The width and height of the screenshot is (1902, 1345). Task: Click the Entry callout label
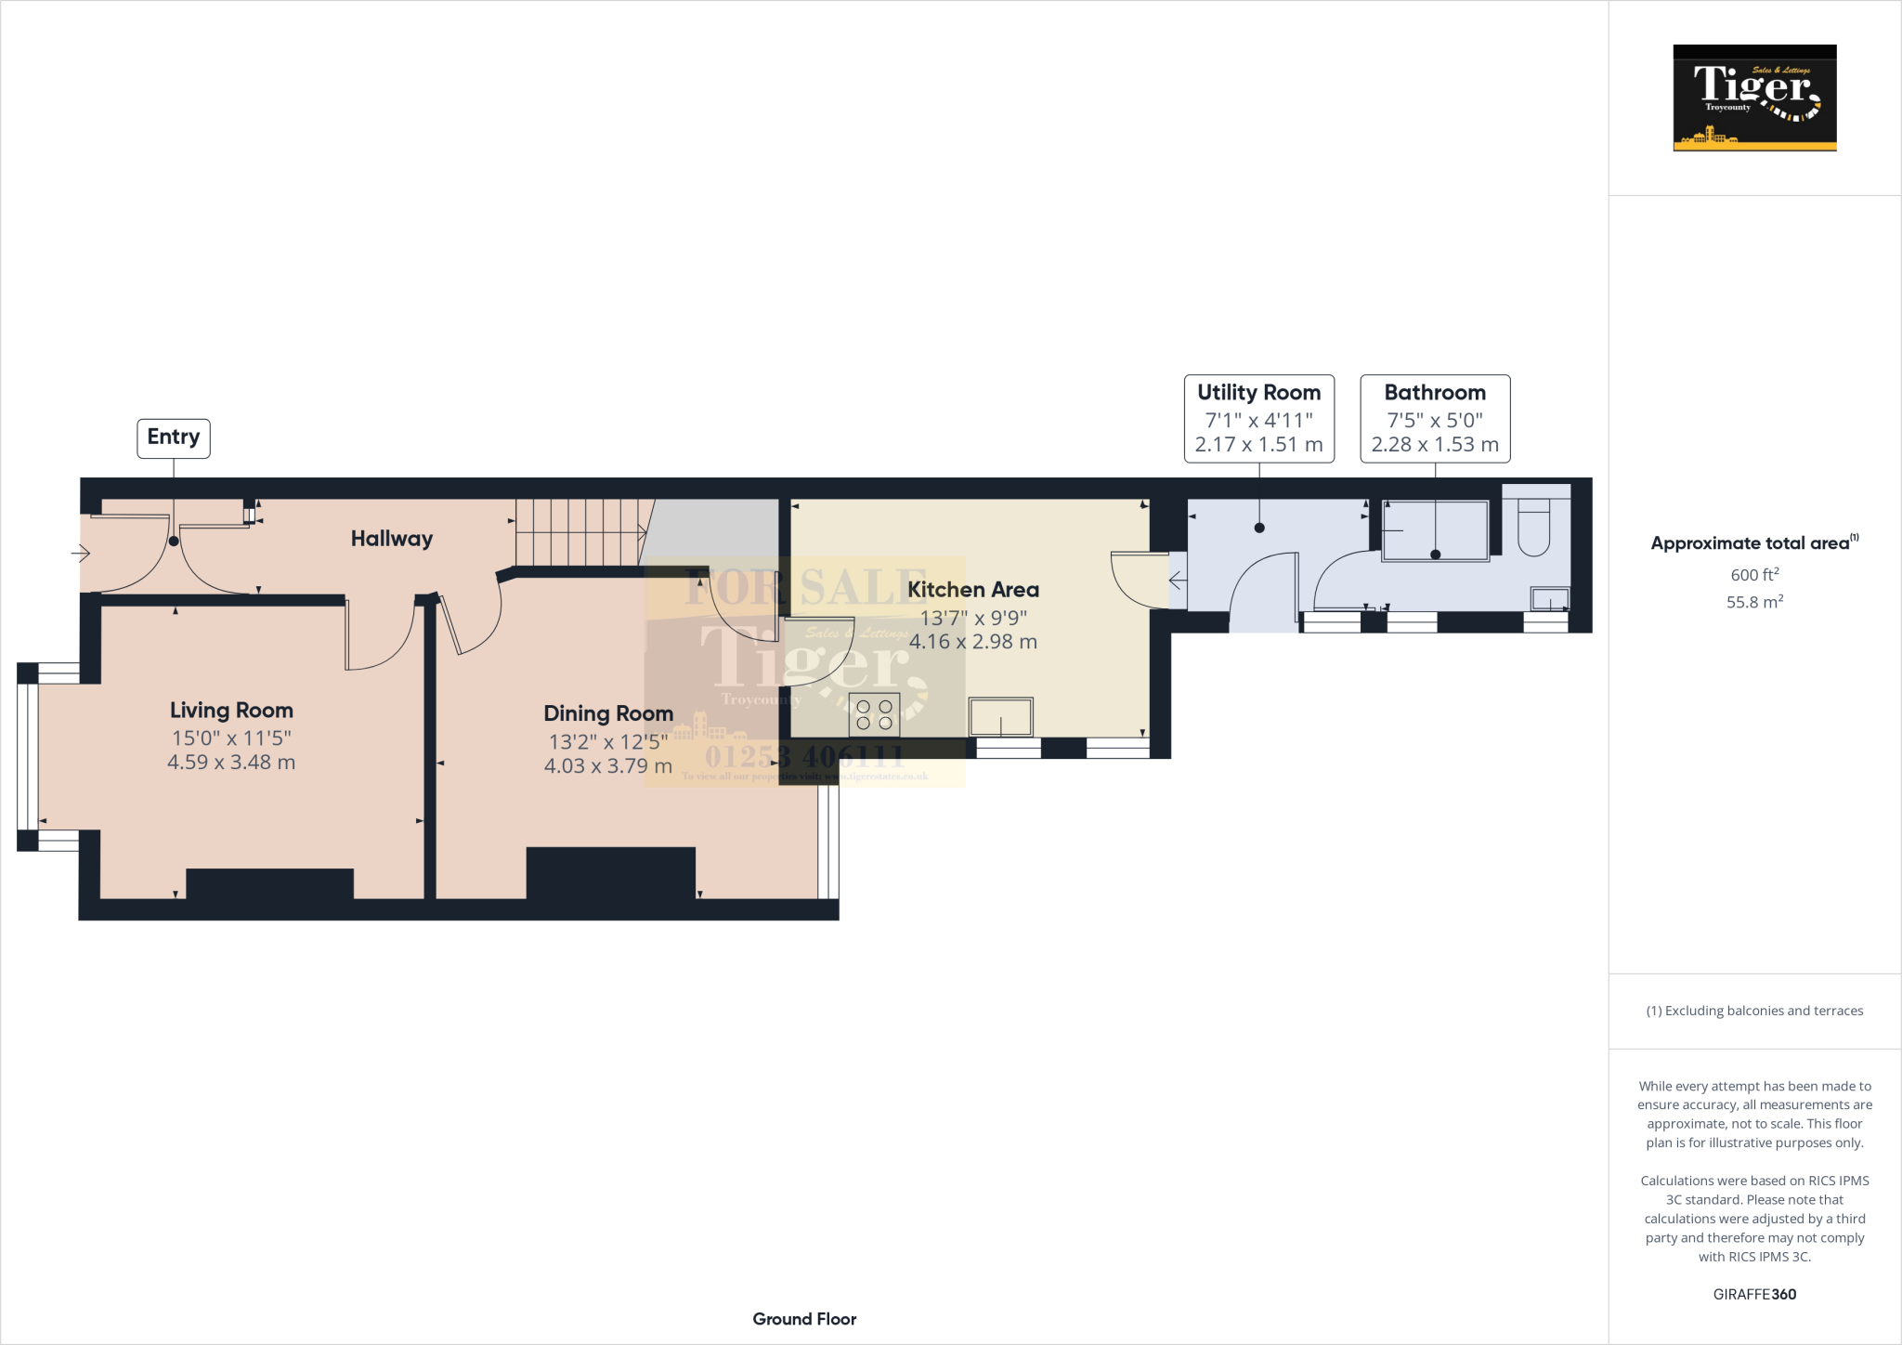(x=174, y=437)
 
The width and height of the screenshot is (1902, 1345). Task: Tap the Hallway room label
(x=391, y=539)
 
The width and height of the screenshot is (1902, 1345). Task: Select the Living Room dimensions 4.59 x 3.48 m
(x=231, y=763)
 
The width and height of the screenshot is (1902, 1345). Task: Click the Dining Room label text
(x=608, y=713)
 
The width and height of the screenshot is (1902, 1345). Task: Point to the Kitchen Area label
(x=972, y=590)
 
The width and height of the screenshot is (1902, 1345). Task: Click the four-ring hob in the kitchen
(x=874, y=714)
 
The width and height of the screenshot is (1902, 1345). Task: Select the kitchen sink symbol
(x=1000, y=717)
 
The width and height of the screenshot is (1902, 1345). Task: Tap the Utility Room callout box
(x=1258, y=418)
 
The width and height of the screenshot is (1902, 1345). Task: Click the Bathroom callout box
(x=1435, y=418)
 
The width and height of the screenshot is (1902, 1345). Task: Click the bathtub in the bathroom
(x=1435, y=530)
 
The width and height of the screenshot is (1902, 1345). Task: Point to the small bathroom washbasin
(x=1549, y=598)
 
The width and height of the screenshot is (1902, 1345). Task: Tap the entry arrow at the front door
(x=81, y=555)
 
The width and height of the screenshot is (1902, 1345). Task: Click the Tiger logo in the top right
(x=1754, y=98)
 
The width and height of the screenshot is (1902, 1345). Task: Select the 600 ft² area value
(x=1754, y=575)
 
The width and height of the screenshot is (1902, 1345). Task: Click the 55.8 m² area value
(x=1754, y=602)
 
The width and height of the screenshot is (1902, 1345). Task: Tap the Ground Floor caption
(x=804, y=1319)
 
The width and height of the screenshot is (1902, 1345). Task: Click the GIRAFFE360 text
(x=1754, y=1294)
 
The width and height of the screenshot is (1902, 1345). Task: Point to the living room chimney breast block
(x=269, y=883)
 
